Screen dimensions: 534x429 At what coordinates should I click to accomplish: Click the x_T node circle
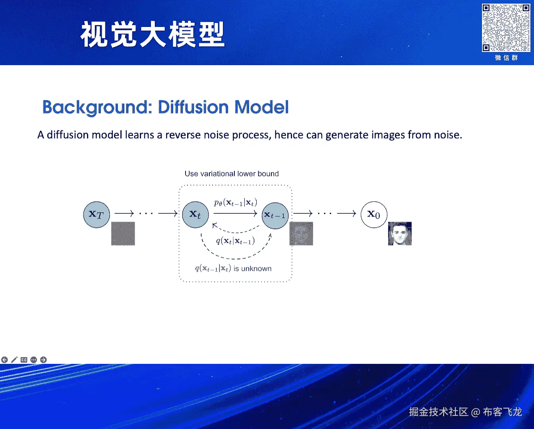[97, 214]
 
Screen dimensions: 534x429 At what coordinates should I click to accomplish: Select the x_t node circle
[195, 214]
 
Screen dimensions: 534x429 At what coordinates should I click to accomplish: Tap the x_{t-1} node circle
[275, 215]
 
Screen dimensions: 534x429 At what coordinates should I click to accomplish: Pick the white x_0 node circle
[373, 214]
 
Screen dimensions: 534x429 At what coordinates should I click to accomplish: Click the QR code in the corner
[506, 28]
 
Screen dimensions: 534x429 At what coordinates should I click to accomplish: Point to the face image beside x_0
[400, 234]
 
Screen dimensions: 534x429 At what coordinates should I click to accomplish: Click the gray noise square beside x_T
[123, 234]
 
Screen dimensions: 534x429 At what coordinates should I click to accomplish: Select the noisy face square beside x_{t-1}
[301, 234]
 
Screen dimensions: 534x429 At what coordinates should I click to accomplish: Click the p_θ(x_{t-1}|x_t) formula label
[235, 203]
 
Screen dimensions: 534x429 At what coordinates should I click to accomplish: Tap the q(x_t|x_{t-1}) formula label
[235, 241]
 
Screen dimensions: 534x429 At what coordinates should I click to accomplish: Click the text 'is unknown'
[252, 269]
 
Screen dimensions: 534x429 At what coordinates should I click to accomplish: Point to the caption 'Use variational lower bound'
[232, 174]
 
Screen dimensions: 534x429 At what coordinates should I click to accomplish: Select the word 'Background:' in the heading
[97, 107]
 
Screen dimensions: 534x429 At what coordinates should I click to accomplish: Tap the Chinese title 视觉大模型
[153, 35]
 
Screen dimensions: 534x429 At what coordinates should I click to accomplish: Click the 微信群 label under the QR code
[506, 58]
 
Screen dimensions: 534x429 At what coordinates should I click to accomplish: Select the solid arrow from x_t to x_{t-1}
[235, 213]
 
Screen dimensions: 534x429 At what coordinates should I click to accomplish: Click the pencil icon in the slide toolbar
[14, 359]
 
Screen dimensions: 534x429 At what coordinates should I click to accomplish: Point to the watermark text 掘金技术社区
[438, 412]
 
